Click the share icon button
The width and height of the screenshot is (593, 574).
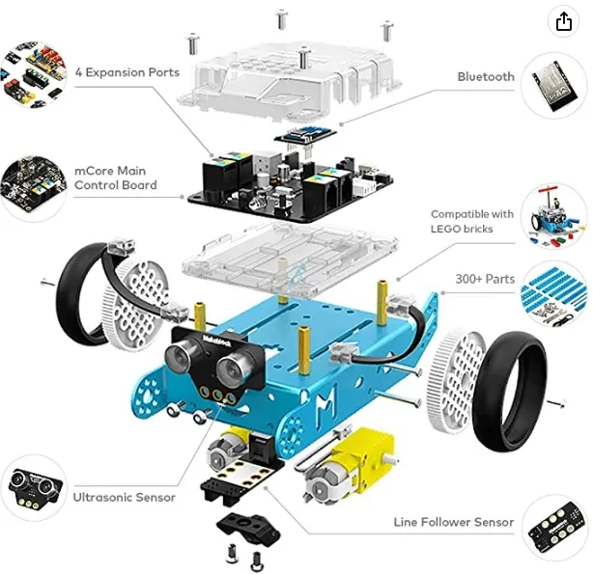click(x=563, y=22)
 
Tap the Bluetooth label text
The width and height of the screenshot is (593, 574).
click(x=486, y=76)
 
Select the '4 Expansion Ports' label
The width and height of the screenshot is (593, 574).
click(x=127, y=72)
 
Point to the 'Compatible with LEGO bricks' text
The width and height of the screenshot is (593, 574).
click(x=472, y=221)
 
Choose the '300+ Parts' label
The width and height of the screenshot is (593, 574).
click(x=485, y=279)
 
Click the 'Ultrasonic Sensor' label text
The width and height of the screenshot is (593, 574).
click(x=125, y=497)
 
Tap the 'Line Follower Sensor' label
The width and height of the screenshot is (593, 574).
click(x=454, y=522)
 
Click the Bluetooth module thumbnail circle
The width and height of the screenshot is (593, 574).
click(x=554, y=85)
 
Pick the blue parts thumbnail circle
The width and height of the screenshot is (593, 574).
click(x=554, y=296)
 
